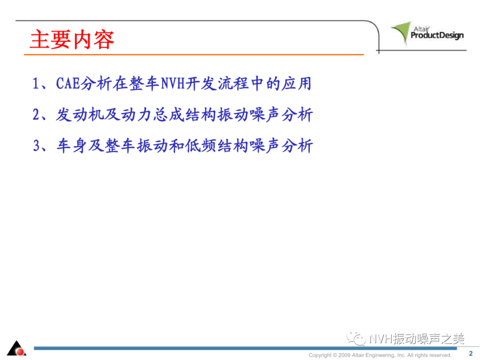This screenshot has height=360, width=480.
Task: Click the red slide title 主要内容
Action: coord(72,40)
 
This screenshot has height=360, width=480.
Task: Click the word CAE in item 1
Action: coord(68,83)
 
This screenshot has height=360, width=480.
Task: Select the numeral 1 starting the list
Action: coord(36,83)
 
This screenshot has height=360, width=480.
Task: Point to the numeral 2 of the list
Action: coord(36,115)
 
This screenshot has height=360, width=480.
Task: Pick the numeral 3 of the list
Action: coord(36,145)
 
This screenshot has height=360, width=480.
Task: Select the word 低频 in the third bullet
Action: coord(201,145)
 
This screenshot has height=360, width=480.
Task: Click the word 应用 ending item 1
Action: coord(296,83)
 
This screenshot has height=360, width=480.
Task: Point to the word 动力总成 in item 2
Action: coord(152,115)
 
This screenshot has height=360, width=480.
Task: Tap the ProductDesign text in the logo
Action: coord(437,36)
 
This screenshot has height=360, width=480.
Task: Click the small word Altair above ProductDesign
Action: coord(421,29)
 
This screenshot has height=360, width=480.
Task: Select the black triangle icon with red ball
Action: coord(17,348)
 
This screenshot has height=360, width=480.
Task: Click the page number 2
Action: coord(471,354)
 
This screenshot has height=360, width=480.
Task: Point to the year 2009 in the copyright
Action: coord(344,355)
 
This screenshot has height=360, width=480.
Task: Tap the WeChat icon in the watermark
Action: coord(356,338)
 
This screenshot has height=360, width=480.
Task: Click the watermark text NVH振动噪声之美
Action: coord(417,339)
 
